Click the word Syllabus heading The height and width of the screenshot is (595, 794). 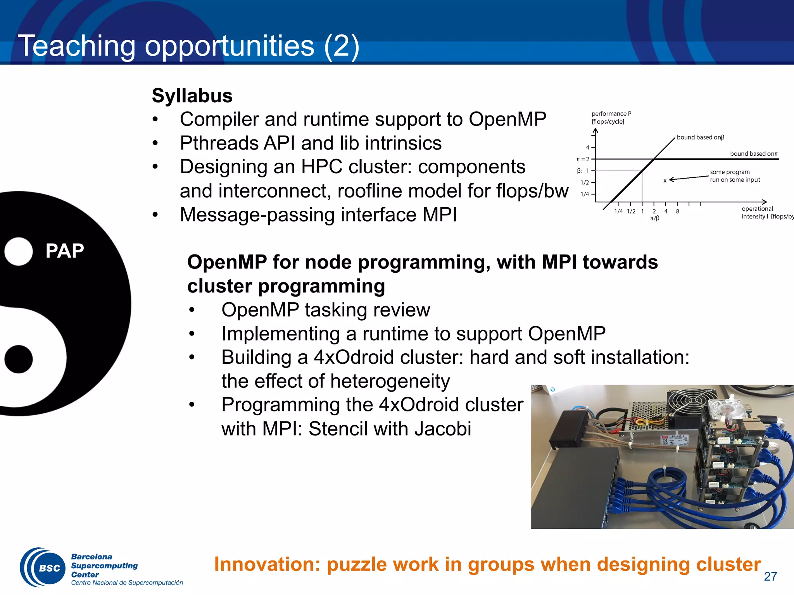click(192, 96)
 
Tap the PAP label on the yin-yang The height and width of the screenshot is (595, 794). click(64, 251)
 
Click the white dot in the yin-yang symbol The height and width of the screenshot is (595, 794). click(19, 251)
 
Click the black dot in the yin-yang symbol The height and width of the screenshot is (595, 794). click(19, 359)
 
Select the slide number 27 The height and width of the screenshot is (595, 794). click(770, 576)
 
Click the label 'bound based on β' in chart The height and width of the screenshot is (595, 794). click(700, 138)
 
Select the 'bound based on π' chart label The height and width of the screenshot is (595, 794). click(754, 154)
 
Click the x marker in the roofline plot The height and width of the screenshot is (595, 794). click(665, 181)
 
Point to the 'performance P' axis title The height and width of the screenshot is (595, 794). click(611, 113)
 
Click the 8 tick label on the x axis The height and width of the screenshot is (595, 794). click(677, 212)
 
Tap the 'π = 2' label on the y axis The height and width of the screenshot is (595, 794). click(583, 159)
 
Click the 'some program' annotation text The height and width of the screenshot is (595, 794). click(730, 172)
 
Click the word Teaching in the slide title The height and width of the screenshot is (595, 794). click(77, 46)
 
